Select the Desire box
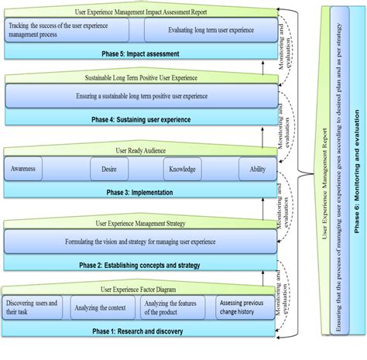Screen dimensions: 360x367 [x=104, y=169]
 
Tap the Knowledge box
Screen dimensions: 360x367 [x=183, y=169]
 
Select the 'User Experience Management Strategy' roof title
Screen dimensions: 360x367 [x=139, y=223]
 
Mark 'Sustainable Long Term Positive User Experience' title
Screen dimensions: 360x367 [x=139, y=78]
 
